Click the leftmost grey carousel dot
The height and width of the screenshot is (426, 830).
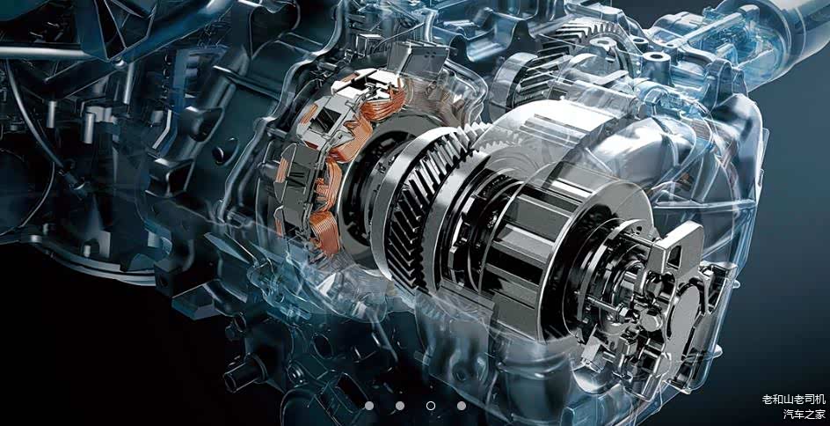(x=369, y=406)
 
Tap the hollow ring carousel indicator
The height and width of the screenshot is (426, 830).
(x=431, y=406)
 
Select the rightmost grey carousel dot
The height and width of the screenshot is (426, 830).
(x=462, y=406)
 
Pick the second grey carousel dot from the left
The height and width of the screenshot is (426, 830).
(x=400, y=406)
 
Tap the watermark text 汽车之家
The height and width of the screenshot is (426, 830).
(x=804, y=414)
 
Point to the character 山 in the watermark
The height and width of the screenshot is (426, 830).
(x=788, y=400)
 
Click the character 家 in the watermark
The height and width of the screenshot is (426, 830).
(x=820, y=414)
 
